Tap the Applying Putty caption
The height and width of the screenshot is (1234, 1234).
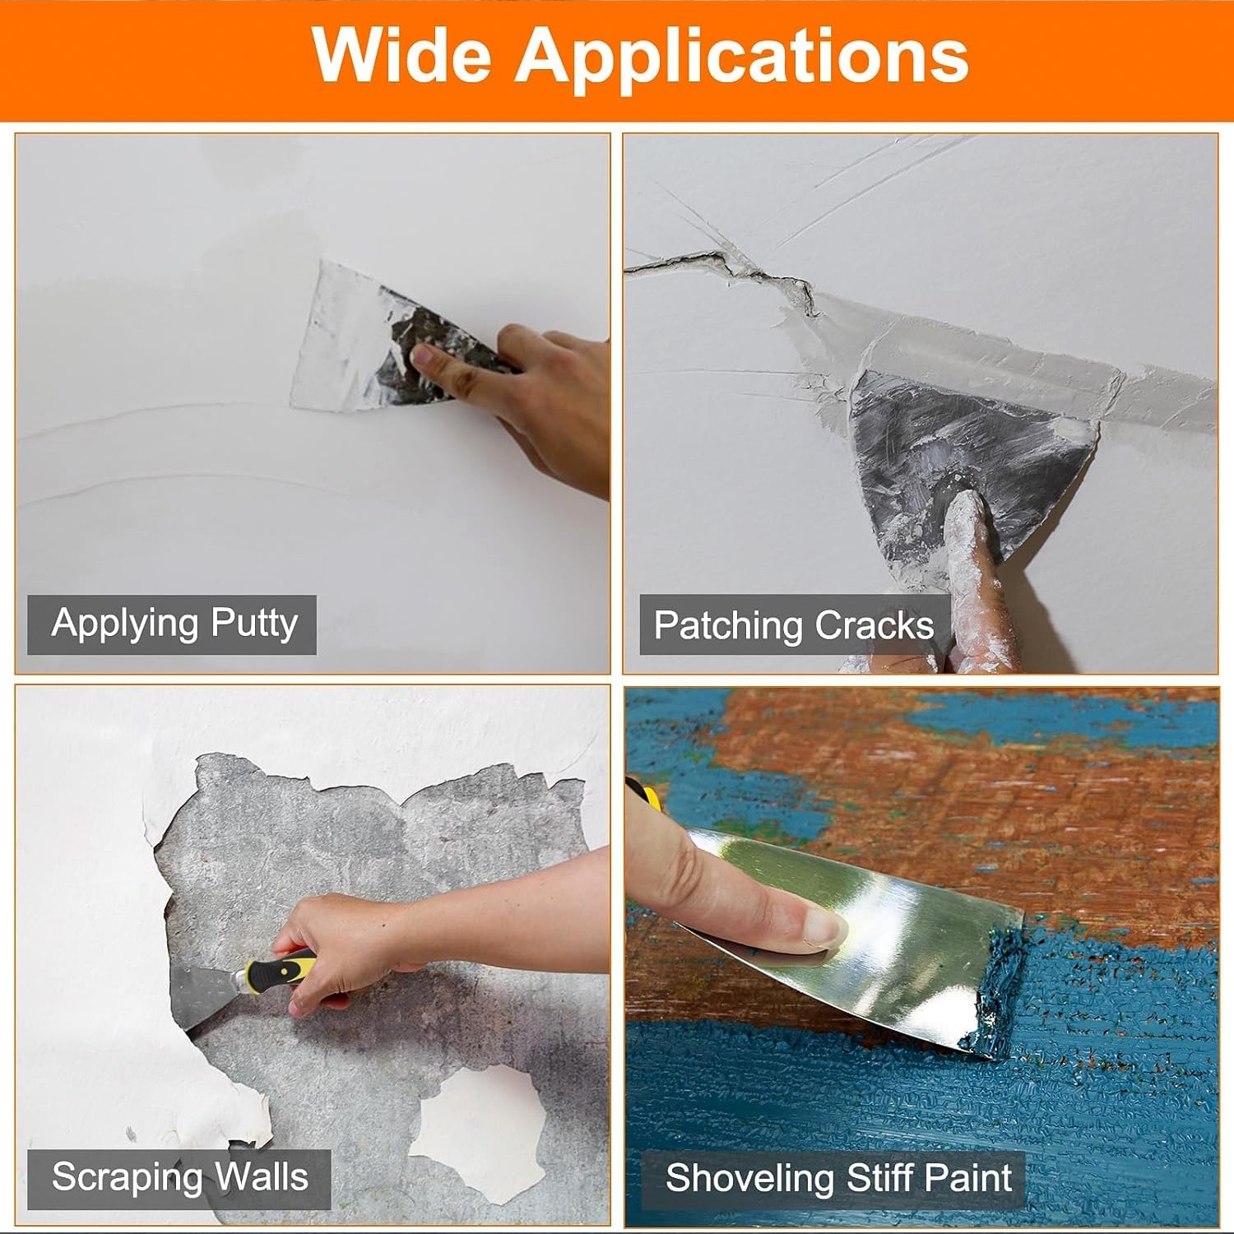click(174, 624)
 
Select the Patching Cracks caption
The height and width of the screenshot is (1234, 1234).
click(793, 625)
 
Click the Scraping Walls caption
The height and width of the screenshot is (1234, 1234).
click(179, 1177)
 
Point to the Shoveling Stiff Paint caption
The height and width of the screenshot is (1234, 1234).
click(837, 1178)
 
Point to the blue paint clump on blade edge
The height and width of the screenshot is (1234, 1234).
click(1000, 987)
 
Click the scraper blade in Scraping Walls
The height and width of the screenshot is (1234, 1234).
click(202, 995)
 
